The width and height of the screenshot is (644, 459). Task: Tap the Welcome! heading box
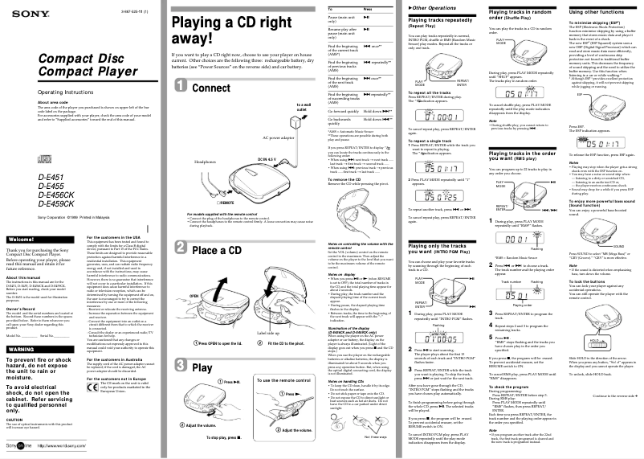(39, 240)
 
